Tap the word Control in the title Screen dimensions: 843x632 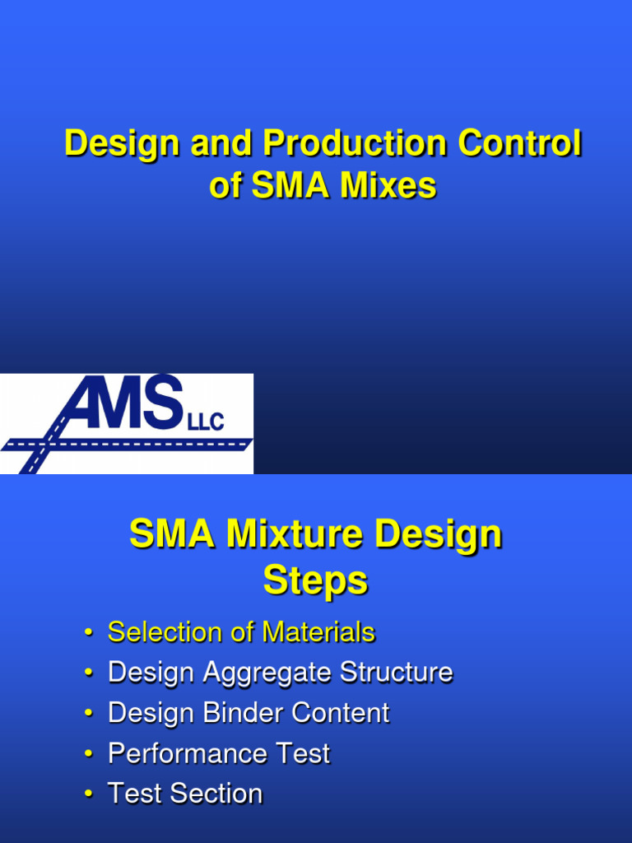pos(519,144)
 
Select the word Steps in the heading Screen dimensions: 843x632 pos(315,581)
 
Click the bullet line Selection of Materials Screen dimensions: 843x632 pos(241,632)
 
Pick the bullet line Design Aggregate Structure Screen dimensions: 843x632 pos(280,673)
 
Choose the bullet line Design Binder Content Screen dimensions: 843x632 pos(249,713)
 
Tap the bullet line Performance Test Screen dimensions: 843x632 pos(219,753)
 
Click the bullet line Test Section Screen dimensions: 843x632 pos(185,794)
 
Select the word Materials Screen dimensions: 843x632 pos(318,632)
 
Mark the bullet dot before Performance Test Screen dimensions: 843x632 pos(88,754)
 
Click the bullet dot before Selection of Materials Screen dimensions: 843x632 pos(88,633)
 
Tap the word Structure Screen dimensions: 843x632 pos(397,673)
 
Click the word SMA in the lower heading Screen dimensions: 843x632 pos(173,535)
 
